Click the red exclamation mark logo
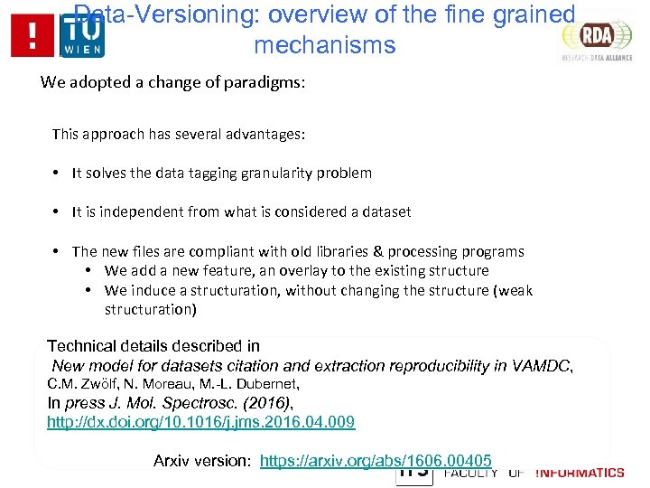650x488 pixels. point(33,37)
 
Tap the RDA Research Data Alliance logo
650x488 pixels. point(596,38)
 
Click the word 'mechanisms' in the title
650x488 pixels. point(325,45)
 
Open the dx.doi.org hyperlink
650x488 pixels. point(200,422)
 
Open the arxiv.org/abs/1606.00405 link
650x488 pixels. point(375,461)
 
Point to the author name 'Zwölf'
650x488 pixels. point(101,384)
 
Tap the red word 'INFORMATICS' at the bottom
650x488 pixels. point(580,473)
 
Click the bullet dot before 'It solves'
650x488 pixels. point(57,173)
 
